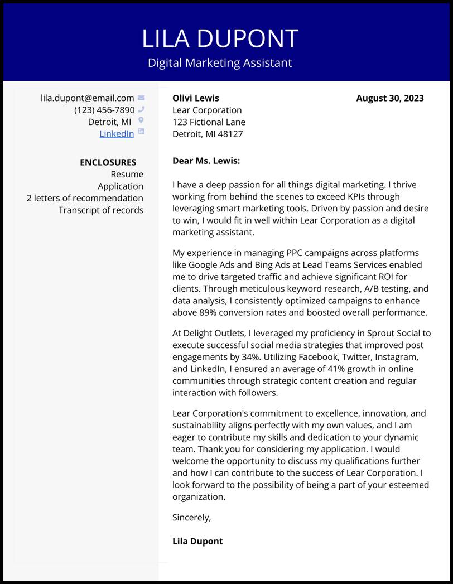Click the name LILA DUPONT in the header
(x=220, y=39)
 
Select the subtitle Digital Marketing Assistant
(x=220, y=63)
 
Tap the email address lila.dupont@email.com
(x=88, y=98)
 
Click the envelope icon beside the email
(x=141, y=98)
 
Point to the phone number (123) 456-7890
(x=104, y=110)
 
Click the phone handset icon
(x=141, y=109)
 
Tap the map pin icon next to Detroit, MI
(x=141, y=120)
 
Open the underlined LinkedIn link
(x=117, y=134)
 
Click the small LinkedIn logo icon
(x=141, y=132)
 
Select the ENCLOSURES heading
(x=108, y=162)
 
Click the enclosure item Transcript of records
(x=101, y=210)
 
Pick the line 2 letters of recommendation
(x=85, y=198)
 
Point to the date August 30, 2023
(x=390, y=98)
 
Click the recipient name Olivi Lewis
(x=196, y=98)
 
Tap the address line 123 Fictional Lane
(x=209, y=122)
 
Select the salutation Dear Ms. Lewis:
(x=206, y=161)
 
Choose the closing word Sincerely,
(x=192, y=517)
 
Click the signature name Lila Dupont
(x=197, y=541)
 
